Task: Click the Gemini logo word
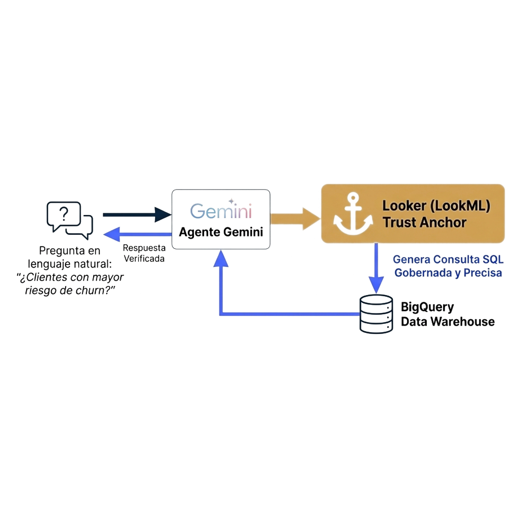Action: tap(221, 211)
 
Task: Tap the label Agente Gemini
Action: tap(221, 232)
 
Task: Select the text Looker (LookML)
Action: tap(436, 206)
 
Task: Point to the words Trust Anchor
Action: tap(425, 223)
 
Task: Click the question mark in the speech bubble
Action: tap(64, 214)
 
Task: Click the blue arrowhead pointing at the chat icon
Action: tap(112, 234)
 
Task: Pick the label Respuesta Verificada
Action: tap(144, 253)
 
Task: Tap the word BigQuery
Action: tap(427, 307)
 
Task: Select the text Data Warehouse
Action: tap(447, 322)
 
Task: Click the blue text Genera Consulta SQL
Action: tap(448, 259)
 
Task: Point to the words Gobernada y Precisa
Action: tap(448, 273)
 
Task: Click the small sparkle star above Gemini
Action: tap(231, 201)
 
